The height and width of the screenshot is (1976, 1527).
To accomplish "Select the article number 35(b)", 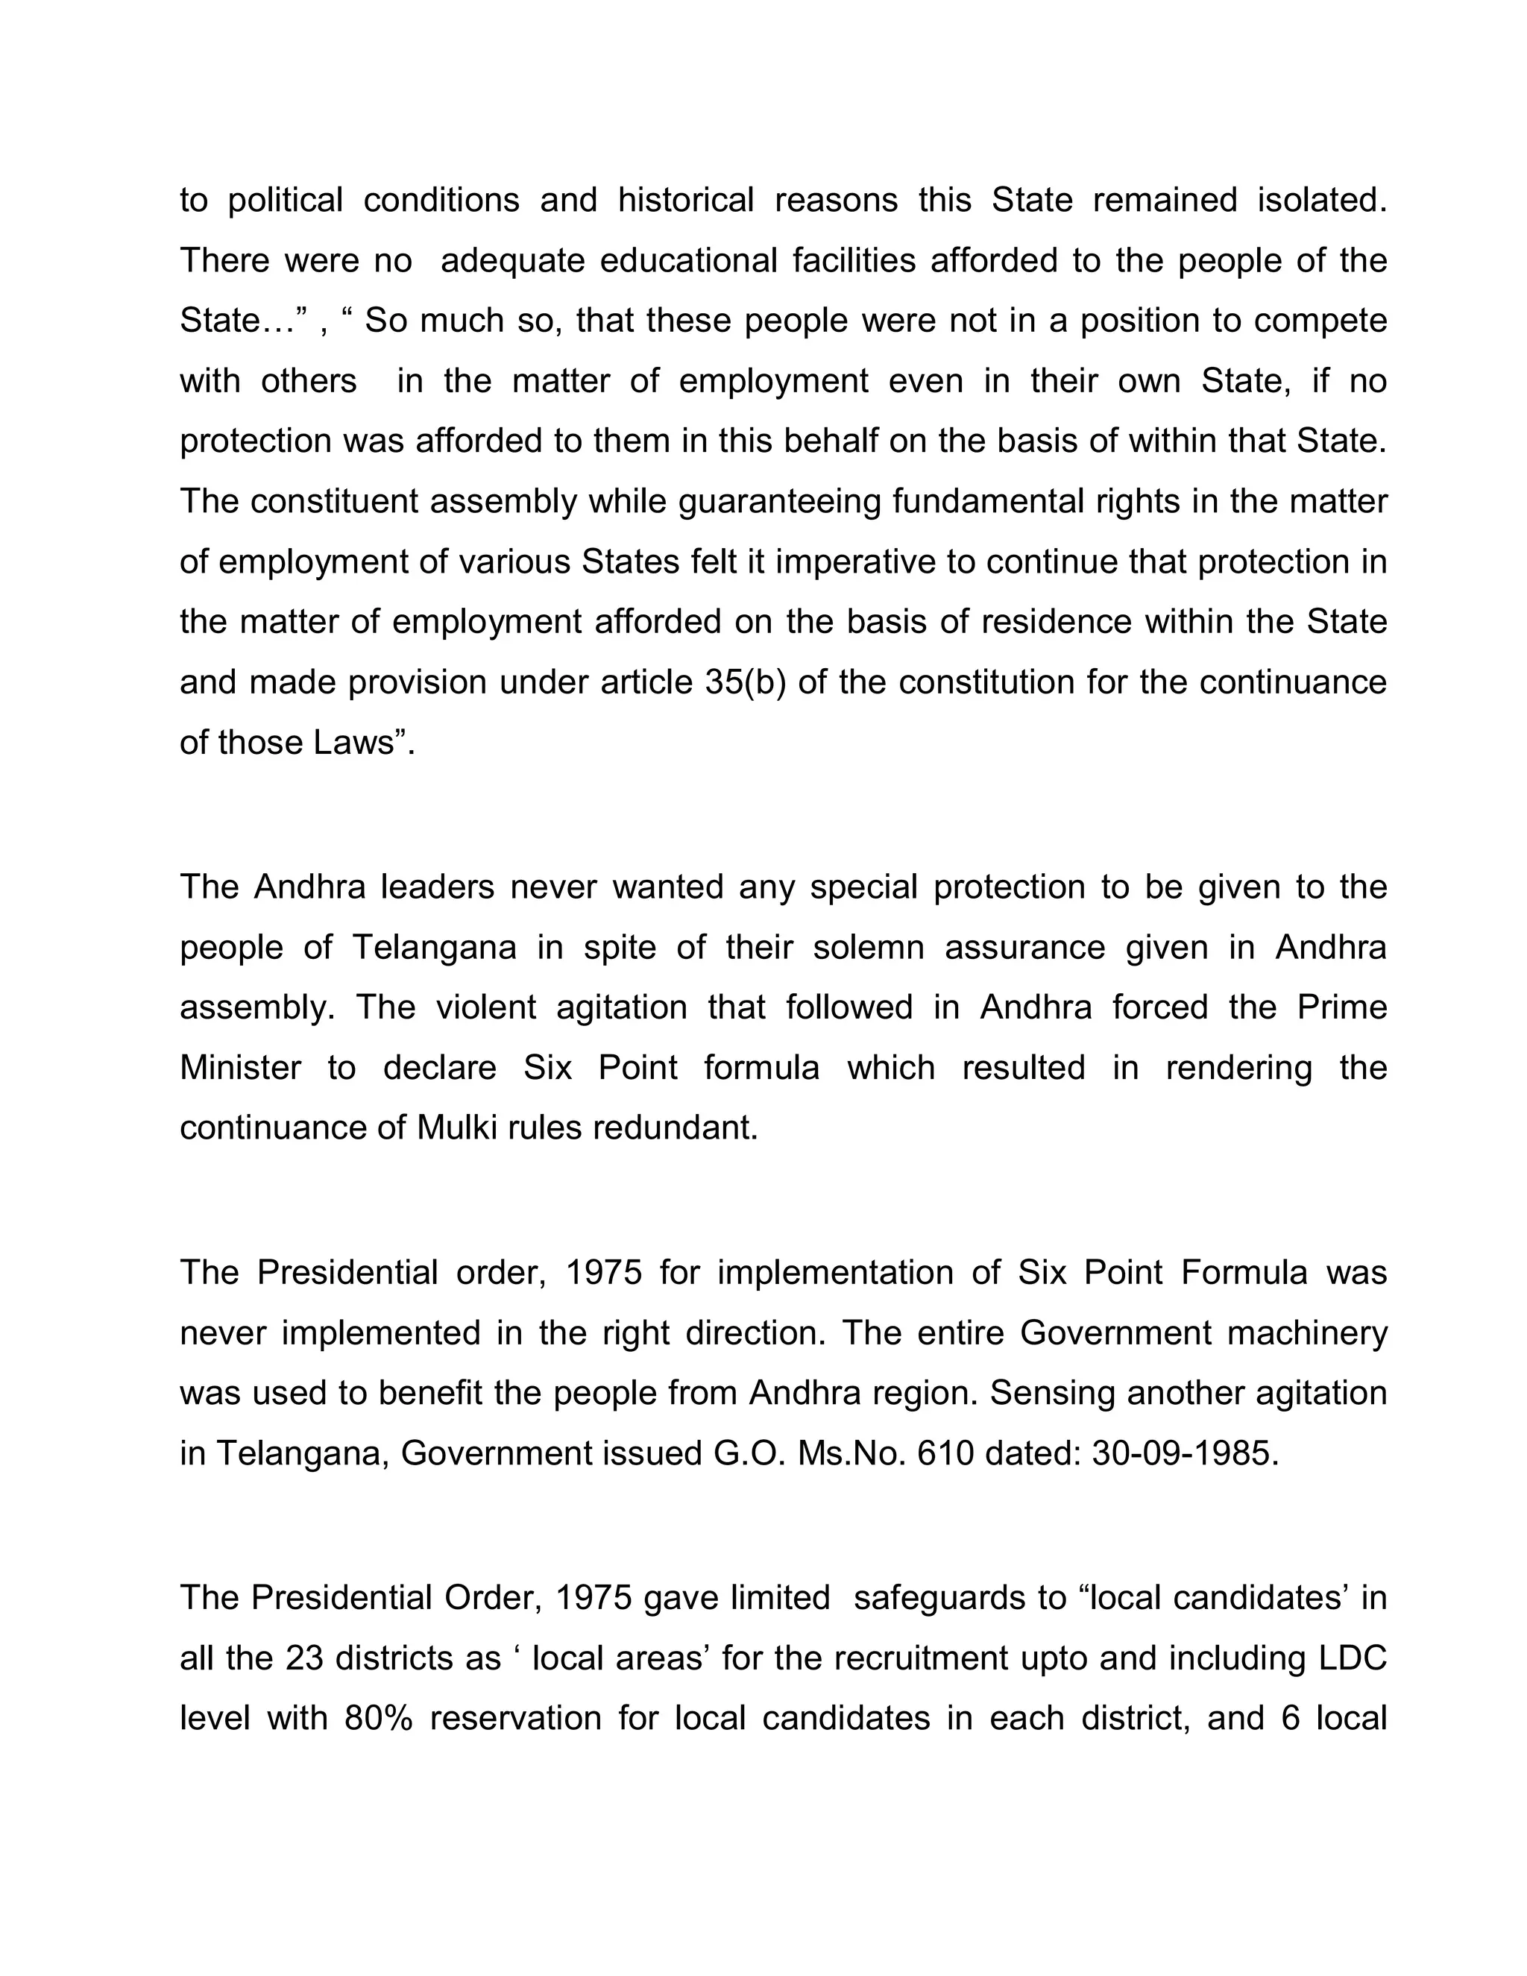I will (x=745, y=682).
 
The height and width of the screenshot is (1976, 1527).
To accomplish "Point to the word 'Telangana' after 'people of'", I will (x=434, y=947).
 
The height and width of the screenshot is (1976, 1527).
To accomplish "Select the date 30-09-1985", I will (x=1185, y=1454).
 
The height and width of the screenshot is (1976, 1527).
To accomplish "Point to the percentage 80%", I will (x=378, y=1718).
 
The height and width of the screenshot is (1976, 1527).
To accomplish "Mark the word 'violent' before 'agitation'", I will (x=487, y=1007).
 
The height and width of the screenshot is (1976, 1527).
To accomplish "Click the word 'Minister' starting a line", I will (x=240, y=1068).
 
